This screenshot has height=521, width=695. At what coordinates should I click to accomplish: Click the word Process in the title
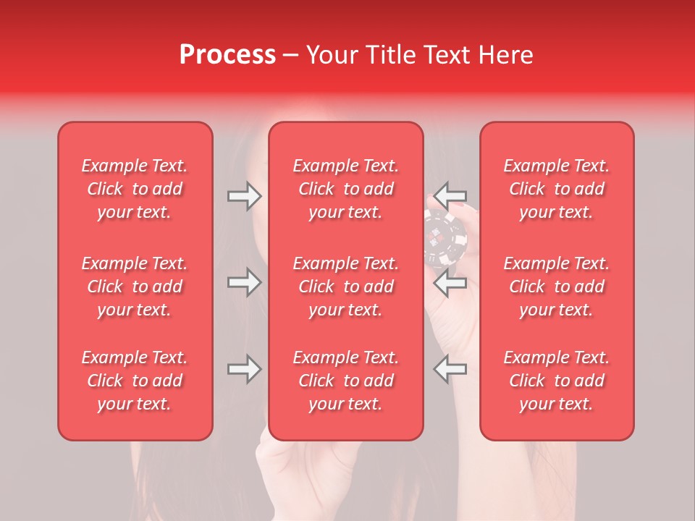coord(227,55)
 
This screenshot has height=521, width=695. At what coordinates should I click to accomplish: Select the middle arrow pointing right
coord(244,282)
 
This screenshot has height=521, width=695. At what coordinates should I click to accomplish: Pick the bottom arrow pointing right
coord(244,369)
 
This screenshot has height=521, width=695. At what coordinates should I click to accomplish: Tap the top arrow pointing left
coord(450,195)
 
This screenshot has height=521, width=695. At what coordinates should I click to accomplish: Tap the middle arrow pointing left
coord(450,283)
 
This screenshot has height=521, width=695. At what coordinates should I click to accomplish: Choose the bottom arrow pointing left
coord(450,369)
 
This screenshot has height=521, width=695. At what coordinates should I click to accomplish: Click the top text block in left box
coord(135,189)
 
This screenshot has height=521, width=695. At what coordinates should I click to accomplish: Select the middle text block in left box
coord(135,287)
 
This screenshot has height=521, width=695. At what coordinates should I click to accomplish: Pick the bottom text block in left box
coord(135,381)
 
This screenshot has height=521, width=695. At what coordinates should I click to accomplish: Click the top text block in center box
coord(346,189)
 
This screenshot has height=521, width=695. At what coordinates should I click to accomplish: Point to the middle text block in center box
coord(346,287)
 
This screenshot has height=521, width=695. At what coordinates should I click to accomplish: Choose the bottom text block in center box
coord(346,381)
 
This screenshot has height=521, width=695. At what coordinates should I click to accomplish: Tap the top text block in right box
coord(557,189)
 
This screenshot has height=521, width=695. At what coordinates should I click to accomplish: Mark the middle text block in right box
coord(557,287)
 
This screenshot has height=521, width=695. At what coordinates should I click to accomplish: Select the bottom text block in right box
coord(557,381)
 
